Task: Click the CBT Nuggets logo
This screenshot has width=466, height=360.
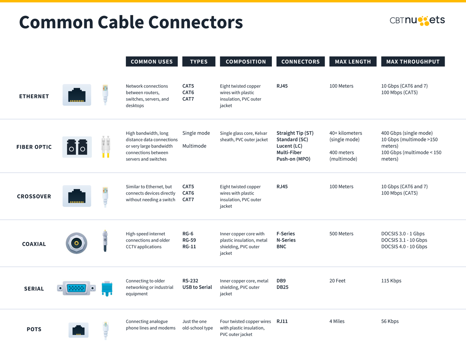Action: click(x=417, y=21)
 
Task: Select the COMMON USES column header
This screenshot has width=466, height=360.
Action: click(x=151, y=61)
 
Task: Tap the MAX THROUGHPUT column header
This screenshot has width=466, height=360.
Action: click(x=413, y=61)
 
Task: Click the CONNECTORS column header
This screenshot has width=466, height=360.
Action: click(x=300, y=61)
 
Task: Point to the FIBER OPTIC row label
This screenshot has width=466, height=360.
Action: click(x=34, y=147)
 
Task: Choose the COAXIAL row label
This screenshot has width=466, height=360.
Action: click(x=34, y=244)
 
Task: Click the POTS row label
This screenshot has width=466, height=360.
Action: click(x=34, y=329)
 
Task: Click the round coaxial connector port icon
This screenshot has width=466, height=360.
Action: click(x=77, y=243)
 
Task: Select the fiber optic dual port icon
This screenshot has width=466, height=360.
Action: click(x=77, y=147)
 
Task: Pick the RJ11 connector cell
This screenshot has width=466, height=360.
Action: click(x=282, y=321)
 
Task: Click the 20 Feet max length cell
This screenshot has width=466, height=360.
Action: click(x=337, y=281)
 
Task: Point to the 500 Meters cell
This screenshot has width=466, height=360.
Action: click(x=341, y=234)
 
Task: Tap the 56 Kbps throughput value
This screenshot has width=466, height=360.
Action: click(x=390, y=321)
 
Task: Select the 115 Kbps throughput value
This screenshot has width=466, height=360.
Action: click(x=391, y=281)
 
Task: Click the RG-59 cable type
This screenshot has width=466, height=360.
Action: click(x=189, y=240)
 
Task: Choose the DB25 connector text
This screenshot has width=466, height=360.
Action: click(x=282, y=287)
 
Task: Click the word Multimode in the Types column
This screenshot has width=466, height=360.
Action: click(x=194, y=146)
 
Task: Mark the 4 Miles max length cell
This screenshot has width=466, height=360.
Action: click(x=337, y=321)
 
